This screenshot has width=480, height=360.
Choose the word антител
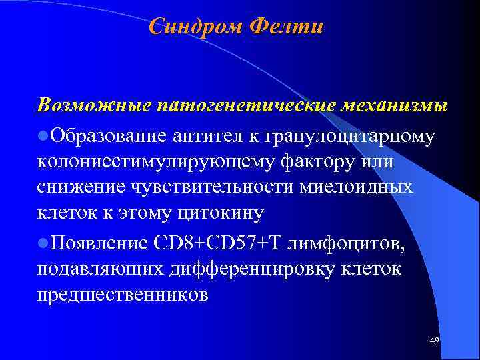tap(201, 135)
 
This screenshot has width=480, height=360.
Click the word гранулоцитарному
tap(351, 137)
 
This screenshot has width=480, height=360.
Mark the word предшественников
tap(123, 294)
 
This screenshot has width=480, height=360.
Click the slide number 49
tap(434, 341)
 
